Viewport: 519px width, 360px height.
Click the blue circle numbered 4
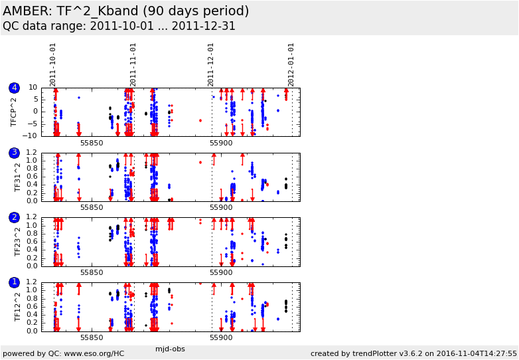click(x=14, y=88)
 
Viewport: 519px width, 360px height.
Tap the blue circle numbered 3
click(x=14, y=153)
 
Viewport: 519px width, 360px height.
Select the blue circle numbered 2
click(x=14, y=218)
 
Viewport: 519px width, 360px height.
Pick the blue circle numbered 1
click(x=14, y=282)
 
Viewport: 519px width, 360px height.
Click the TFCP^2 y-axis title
click(x=13, y=112)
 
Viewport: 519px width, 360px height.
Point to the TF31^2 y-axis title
click(x=17, y=177)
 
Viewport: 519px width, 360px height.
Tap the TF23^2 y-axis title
click(x=17, y=242)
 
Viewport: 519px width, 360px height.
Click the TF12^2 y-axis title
click(x=17, y=307)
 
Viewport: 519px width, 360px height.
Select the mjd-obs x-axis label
click(x=170, y=349)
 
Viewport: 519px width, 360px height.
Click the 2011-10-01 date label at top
click(x=53, y=65)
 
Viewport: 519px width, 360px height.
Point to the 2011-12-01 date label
click(x=211, y=65)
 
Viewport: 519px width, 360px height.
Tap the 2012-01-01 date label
click(x=291, y=65)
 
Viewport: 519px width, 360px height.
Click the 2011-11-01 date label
click(x=132, y=65)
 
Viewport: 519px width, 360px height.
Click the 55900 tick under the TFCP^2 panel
click(x=221, y=143)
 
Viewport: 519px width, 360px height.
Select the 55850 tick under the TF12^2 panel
click(x=92, y=338)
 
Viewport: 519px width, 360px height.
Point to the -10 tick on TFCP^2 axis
click(x=31, y=135)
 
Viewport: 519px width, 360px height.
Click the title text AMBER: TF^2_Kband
click(x=70, y=11)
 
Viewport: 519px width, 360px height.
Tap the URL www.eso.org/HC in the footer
click(x=94, y=354)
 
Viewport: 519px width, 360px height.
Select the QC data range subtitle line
click(x=119, y=26)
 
